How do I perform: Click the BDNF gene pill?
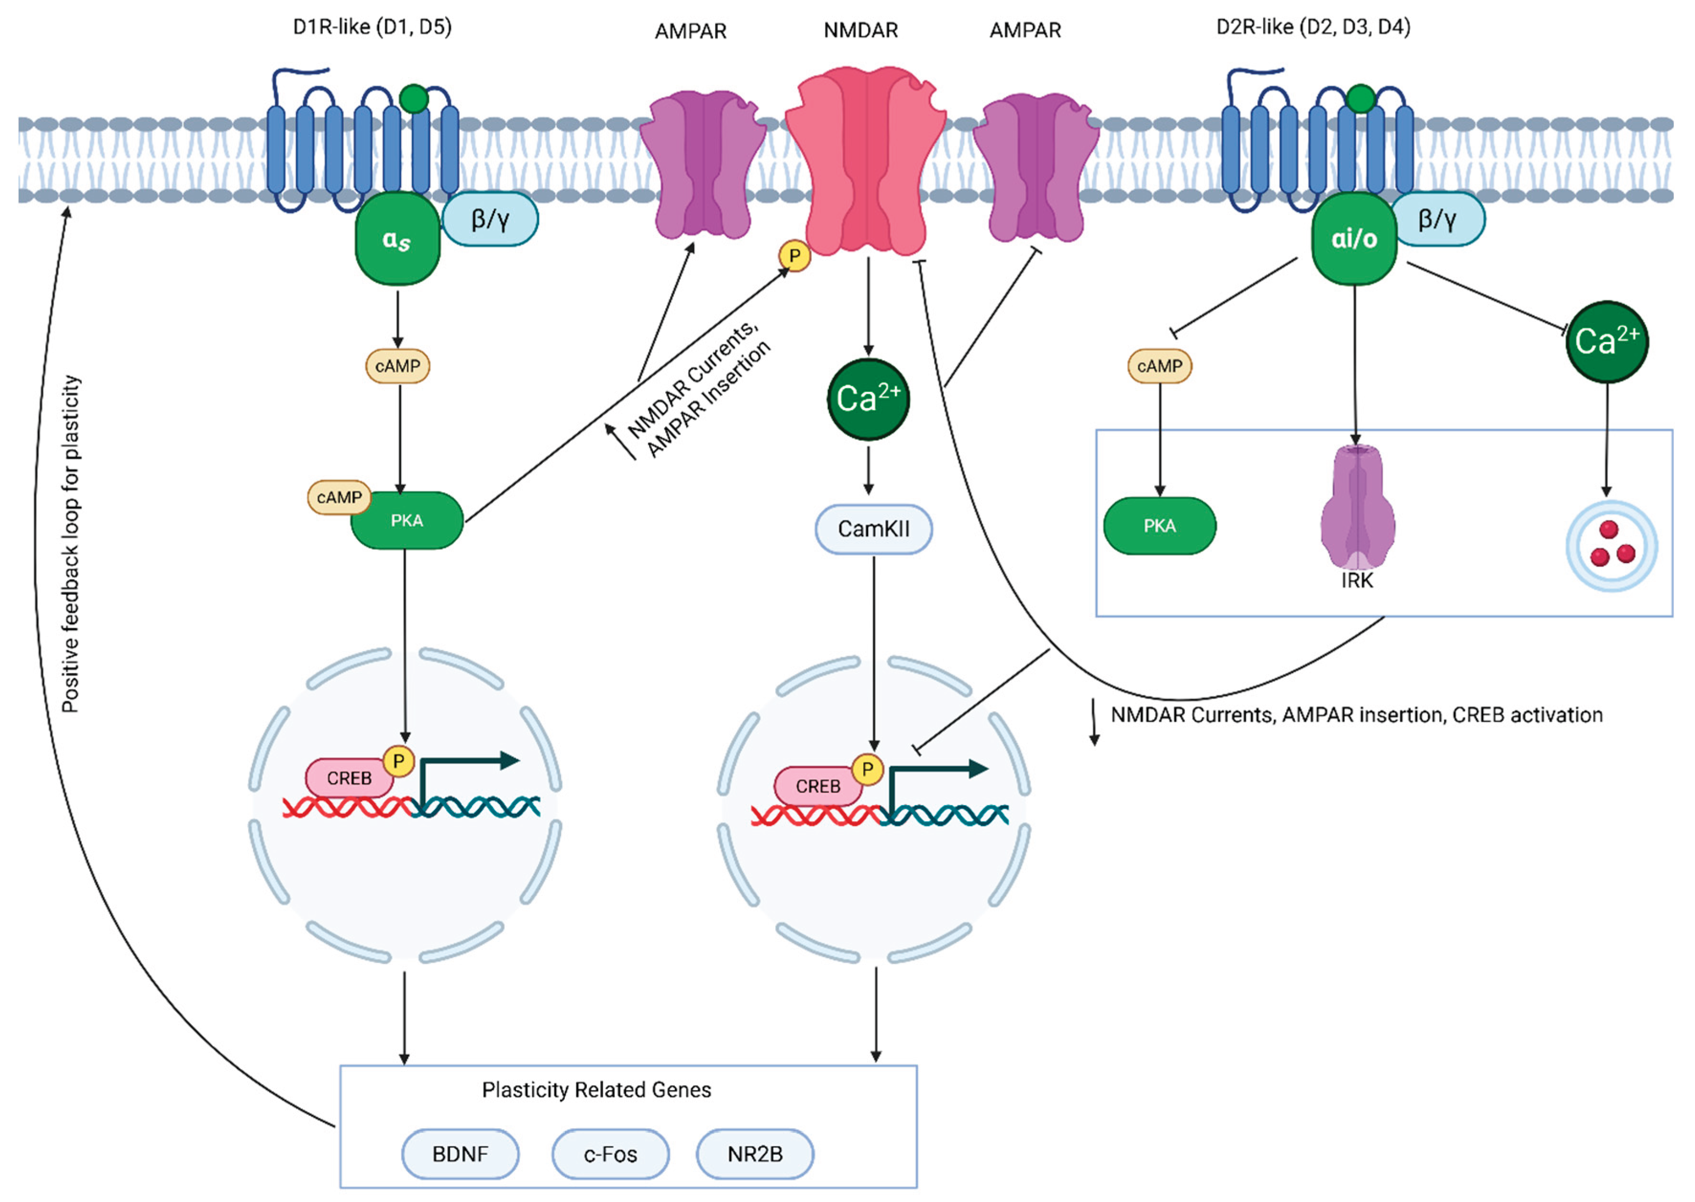click(460, 1154)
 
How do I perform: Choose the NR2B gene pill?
click(755, 1154)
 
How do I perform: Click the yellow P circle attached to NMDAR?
click(794, 256)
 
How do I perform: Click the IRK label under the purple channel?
click(1357, 581)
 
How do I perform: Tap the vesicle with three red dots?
click(1611, 546)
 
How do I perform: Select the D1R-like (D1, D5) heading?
click(372, 27)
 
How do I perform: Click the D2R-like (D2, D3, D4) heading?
click(1313, 27)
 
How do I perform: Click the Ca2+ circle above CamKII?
click(868, 400)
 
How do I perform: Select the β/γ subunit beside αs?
click(490, 219)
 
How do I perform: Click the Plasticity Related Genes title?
click(596, 1090)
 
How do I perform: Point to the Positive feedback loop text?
click(71, 544)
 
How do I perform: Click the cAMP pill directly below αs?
click(397, 366)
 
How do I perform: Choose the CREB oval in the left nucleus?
click(349, 778)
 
